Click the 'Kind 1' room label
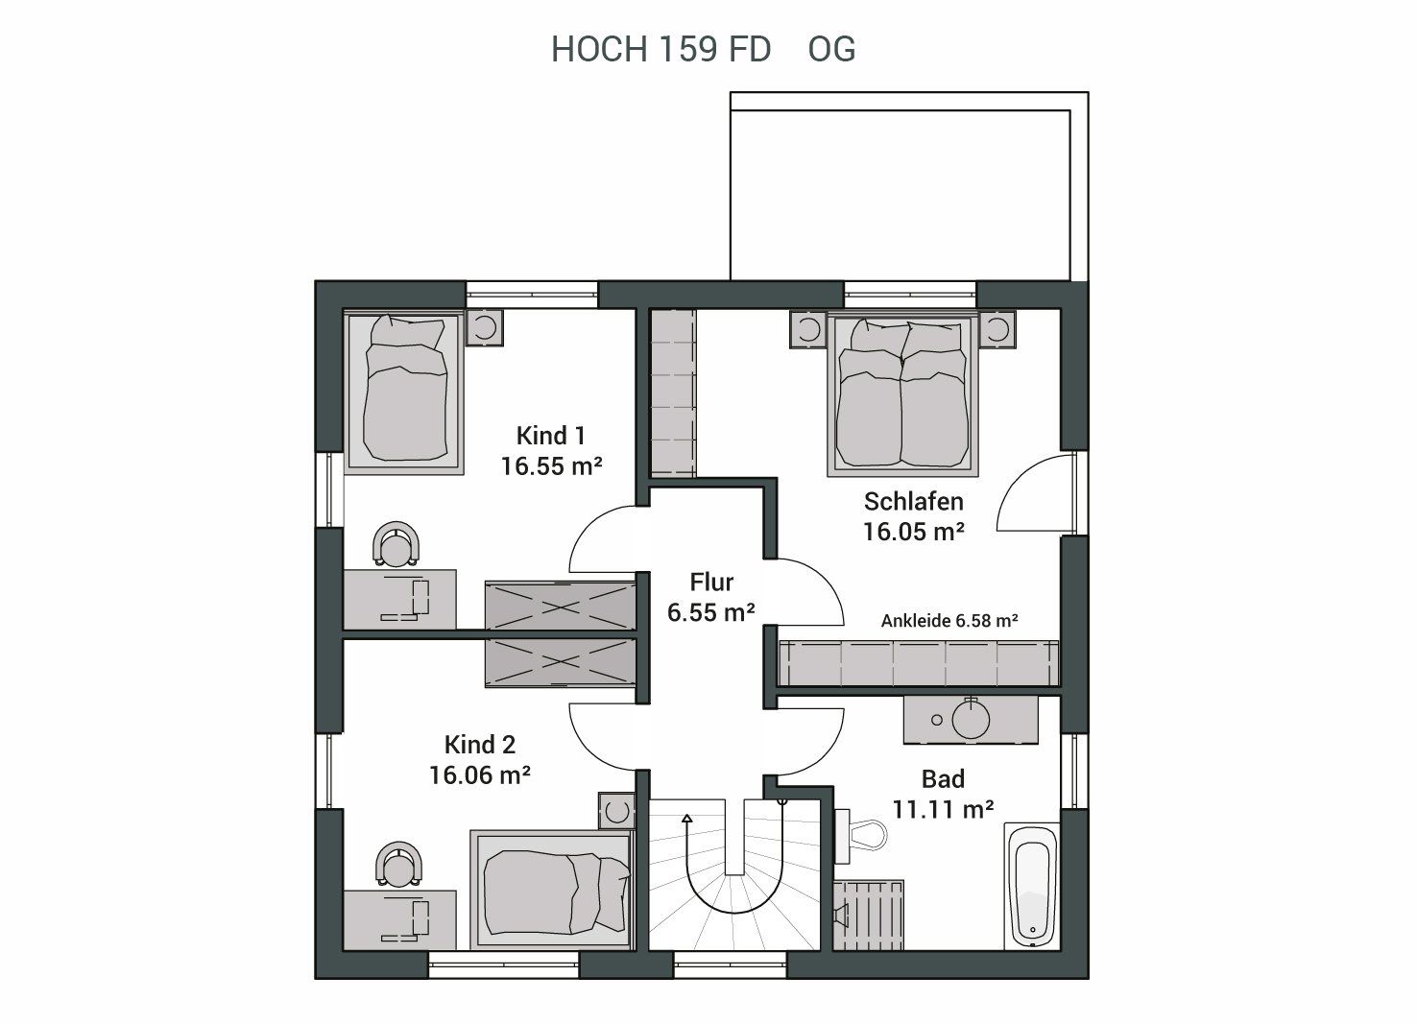click(x=550, y=436)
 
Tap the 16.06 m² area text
click(x=480, y=775)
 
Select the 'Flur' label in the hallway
click(x=711, y=582)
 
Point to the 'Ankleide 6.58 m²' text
click(x=949, y=621)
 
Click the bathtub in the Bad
click(x=1032, y=886)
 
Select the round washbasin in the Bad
click(x=971, y=719)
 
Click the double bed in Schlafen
click(x=902, y=393)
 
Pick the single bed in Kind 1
click(x=404, y=393)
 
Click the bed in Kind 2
click(x=552, y=891)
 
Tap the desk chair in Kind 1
click(x=396, y=544)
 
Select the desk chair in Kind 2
click(x=398, y=864)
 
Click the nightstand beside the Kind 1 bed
click(x=485, y=327)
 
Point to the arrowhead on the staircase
click(x=687, y=819)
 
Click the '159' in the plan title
click(x=687, y=49)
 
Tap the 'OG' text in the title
click(x=831, y=49)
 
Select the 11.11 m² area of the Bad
click(x=943, y=809)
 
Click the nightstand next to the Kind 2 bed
click(x=616, y=810)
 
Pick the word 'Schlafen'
click(x=914, y=502)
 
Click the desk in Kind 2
click(x=399, y=920)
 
